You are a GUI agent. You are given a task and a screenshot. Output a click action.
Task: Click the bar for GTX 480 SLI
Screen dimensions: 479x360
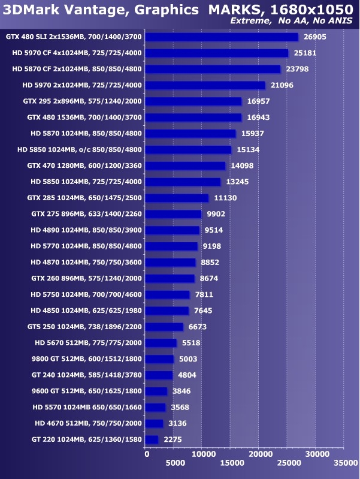[222, 37]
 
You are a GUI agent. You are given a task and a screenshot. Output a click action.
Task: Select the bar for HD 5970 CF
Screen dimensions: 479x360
[217, 53]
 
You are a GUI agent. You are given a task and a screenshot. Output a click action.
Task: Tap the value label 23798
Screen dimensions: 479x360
[298, 69]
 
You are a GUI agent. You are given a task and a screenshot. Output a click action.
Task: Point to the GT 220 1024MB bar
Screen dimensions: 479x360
[152, 439]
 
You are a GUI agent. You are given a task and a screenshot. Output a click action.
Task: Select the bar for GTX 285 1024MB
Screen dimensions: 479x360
[177, 198]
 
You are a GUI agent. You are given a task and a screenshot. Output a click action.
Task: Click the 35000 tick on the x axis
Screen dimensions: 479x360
[343, 463]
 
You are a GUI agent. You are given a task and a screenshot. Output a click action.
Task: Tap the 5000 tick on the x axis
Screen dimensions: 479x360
[174, 463]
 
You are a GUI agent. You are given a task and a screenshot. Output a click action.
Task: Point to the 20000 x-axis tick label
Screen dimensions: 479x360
[259, 455]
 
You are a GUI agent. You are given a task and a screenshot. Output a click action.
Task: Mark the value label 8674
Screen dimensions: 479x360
[210, 278]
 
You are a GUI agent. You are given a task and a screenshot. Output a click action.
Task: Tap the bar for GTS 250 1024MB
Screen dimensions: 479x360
[165, 327]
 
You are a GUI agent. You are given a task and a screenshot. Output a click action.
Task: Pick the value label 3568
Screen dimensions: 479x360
[181, 407]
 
